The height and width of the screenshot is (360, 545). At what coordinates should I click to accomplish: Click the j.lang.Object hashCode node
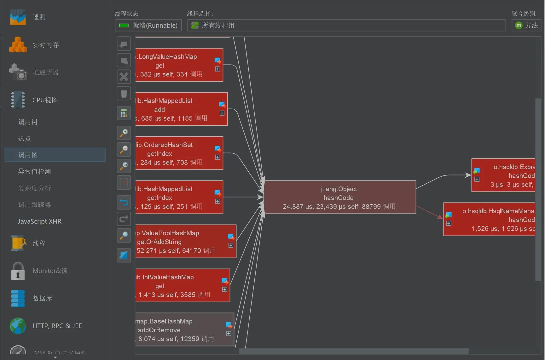(x=339, y=197)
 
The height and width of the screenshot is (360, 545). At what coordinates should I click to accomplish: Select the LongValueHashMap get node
(x=173, y=65)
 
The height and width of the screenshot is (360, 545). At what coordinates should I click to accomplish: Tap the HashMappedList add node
(x=177, y=109)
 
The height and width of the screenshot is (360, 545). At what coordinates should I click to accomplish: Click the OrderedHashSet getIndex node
(x=173, y=153)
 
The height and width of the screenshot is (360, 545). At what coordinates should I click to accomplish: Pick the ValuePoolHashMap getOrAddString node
(x=180, y=242)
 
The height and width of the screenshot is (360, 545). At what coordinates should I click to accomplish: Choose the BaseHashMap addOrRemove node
(x=180, y=330)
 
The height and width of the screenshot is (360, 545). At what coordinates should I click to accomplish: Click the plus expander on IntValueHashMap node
(x=225, y=289)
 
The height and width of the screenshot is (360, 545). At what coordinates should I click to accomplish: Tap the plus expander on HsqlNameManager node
(x=449, y=223)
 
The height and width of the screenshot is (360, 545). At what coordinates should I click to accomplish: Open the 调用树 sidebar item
(x=28, y=122)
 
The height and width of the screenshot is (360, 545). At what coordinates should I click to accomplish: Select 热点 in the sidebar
(x=25, y=139)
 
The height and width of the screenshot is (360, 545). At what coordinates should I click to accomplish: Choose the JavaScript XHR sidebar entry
(x=40, y=221)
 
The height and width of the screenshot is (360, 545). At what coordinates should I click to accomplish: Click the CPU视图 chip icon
(x=18, y=100)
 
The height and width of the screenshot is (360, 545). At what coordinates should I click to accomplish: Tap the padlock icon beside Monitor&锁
(x=18, y=271)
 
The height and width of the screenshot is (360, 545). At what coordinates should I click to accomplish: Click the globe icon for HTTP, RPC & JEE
(x=18, y=326)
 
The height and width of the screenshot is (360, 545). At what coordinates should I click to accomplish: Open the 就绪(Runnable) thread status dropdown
(x=148, y=26)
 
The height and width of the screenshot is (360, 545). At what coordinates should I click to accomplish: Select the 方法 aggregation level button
(x=526, y=26)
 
